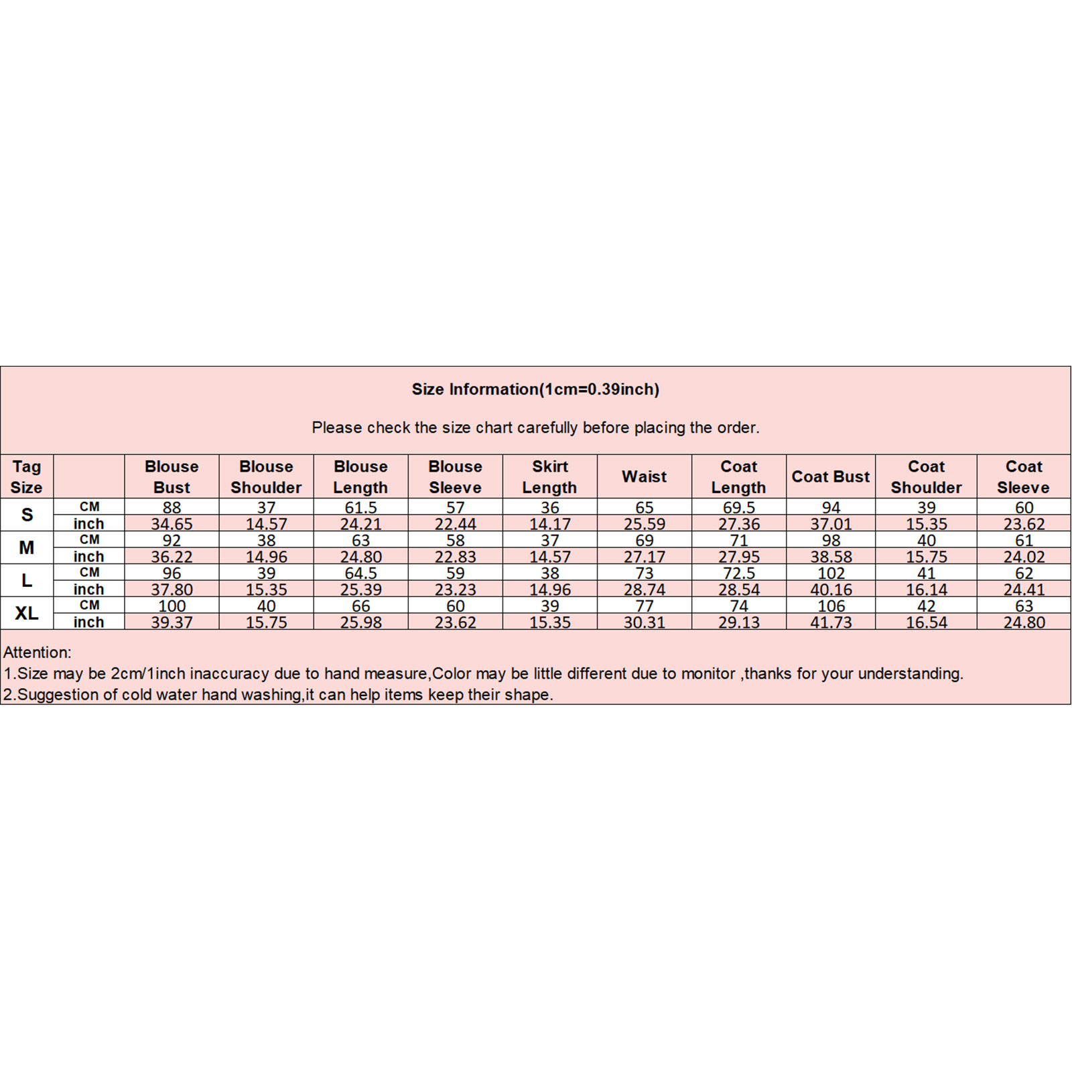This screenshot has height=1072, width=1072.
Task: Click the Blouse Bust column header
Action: tap(172, 476)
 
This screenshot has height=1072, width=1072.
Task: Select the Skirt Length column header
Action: tap(549, 476)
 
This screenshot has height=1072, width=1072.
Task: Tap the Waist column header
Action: tap(644, 476)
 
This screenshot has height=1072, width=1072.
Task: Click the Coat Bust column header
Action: tap(830, 476)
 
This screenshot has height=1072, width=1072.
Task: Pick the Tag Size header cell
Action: tap(26, 476)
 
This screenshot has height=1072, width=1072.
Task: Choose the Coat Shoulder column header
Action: tap(926, 476)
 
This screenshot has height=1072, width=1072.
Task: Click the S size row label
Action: tap(27, 515)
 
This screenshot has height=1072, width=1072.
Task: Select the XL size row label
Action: tap(27, 613)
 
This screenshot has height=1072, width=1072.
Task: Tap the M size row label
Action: tap(27, 547)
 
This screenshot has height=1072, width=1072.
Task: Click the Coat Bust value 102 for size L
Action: tap(831, 574)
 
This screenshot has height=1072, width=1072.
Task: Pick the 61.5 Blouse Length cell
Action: tap(360, 508)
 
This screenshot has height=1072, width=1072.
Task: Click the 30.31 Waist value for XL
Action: tap(644, 622)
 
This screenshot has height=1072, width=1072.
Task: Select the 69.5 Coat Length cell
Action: tap(738, 508)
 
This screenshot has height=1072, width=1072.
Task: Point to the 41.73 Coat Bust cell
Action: tap(831, 622)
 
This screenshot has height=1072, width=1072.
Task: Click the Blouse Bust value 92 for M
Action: tap(172, 541)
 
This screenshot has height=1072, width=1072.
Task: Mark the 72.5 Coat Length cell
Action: tap(738, 574)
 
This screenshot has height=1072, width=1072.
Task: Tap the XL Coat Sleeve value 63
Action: tap(1024, 606)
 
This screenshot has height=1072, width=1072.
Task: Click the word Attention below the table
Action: tap(37, 652)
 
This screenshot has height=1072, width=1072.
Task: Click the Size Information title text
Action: tap(535, 389)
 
